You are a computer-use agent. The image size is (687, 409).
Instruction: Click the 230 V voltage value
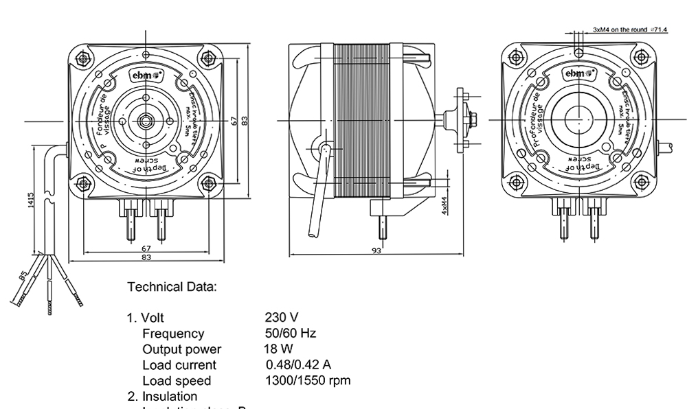(x=281, y=318)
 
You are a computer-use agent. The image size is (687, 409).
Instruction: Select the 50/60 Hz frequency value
(x=290, y=334)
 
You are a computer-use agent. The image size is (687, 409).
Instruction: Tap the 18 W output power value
(x=278, y=349)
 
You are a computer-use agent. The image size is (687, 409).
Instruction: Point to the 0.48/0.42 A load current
(x=298, y=364)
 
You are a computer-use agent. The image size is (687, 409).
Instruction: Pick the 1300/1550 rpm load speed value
(x=308, y=380)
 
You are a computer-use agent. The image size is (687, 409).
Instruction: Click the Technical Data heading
(x=172, y=287)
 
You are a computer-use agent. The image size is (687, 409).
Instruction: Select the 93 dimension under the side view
(x=376, y=251)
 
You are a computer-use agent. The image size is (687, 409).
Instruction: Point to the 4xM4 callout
(x=444, y=207)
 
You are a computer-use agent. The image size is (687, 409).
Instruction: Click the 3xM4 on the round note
(x=630, y=30)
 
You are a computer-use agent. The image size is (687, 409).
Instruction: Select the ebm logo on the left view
(x=146, y=74)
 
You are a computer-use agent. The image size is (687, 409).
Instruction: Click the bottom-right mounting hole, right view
(x=640, y=182)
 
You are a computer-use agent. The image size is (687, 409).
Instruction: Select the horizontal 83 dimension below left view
(x=146, y=258)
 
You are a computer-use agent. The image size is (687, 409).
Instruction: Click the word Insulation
(x=170, y=396)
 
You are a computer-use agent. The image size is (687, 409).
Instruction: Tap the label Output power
(x=181, y=349)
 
